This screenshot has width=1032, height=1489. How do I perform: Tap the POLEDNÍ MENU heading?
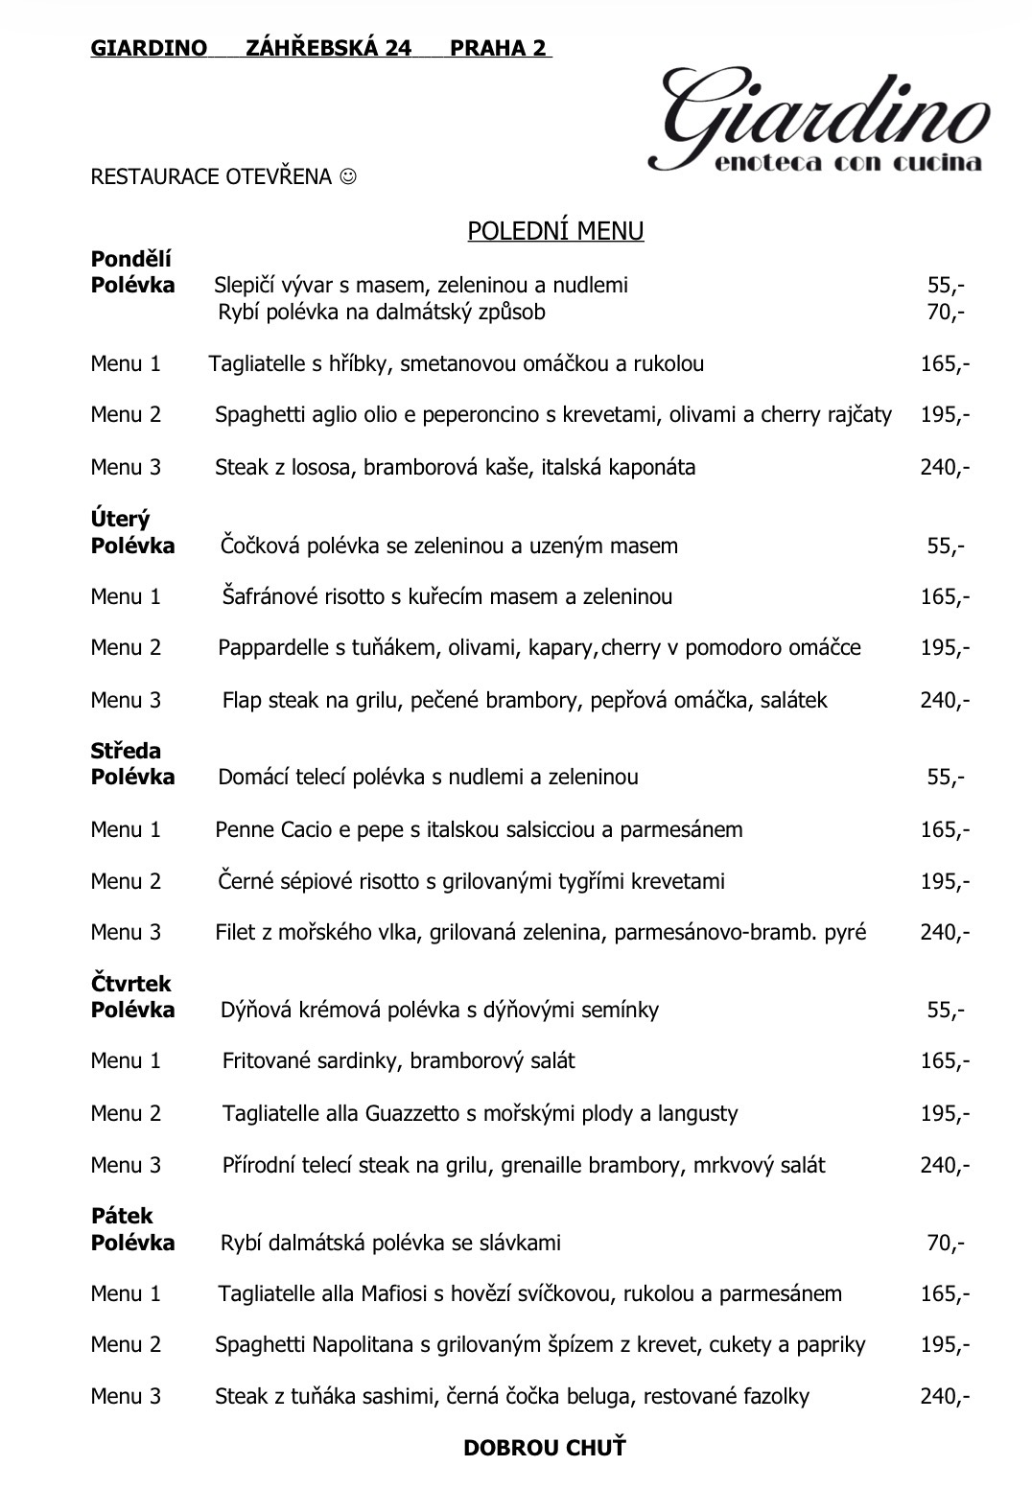tap(555, 231)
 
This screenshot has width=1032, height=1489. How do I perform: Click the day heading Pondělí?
tap(130, 259)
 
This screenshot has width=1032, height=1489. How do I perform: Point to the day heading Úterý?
tap(120, 520)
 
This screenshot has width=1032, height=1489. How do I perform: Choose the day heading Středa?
tap(126, 751)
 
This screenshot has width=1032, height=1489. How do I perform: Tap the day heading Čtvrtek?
tap(130, 984)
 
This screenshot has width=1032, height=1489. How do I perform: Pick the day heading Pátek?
tap(122, 1216)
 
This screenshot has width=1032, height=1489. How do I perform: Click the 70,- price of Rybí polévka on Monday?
tap(945, 311)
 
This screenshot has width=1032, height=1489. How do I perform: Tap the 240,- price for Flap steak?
tap(945, 700)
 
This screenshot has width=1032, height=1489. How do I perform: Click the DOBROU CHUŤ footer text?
tap(544, 1447)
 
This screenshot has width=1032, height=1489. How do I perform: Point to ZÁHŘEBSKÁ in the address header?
tap(328, 48)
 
